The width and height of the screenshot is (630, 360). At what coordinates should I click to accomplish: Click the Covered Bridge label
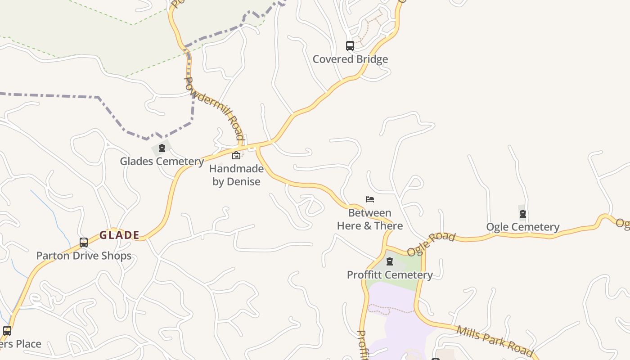point(350,59)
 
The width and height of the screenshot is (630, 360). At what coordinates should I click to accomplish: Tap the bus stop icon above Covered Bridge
point(350,45)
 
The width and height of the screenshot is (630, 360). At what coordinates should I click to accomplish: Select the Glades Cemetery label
point(162,161)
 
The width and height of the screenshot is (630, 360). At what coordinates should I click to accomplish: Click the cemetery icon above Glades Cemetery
point(162,148)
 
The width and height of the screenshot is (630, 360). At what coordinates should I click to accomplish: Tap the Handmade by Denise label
point(236,175)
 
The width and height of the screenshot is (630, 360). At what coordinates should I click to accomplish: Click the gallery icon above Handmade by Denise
point(236,156)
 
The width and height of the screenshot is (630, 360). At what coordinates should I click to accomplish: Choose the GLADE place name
point(119,235)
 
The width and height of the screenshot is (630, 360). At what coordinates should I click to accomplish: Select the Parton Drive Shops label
point(84,256)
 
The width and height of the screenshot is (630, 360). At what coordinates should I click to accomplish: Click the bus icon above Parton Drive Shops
point(84,243)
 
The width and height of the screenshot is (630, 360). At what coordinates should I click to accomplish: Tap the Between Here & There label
point(370,219)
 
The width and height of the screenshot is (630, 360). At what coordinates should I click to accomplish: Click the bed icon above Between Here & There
point(370,199)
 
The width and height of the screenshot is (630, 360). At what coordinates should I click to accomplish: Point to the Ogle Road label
point(431,244)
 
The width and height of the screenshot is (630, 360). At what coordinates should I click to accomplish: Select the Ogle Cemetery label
point(523,227)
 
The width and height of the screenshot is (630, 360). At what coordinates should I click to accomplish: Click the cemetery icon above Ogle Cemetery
point(523,214)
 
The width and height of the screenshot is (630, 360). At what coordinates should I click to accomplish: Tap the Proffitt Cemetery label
point(390,274)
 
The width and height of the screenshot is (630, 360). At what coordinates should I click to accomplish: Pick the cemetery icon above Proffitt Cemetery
point(390,261)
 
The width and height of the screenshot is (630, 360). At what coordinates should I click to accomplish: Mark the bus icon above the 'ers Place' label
point(7,331)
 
